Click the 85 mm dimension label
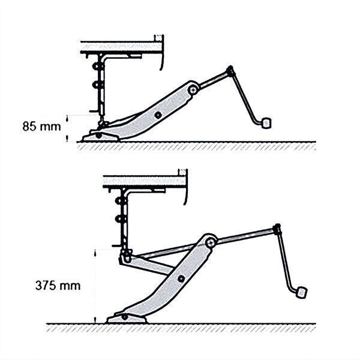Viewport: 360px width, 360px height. [37, 127]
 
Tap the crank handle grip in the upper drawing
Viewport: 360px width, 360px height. [266, 122]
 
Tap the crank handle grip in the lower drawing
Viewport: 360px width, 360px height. [302, 293]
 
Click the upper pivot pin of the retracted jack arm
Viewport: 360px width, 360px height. [193, 90]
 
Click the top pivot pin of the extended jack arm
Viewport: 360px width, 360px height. [210, 242]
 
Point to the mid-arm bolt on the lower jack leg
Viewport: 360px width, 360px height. [181, 278]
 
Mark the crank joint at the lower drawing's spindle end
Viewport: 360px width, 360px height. [277, 229]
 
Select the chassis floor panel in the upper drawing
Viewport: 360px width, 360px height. [120, 46]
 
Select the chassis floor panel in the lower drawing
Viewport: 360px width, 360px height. [144, 181]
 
